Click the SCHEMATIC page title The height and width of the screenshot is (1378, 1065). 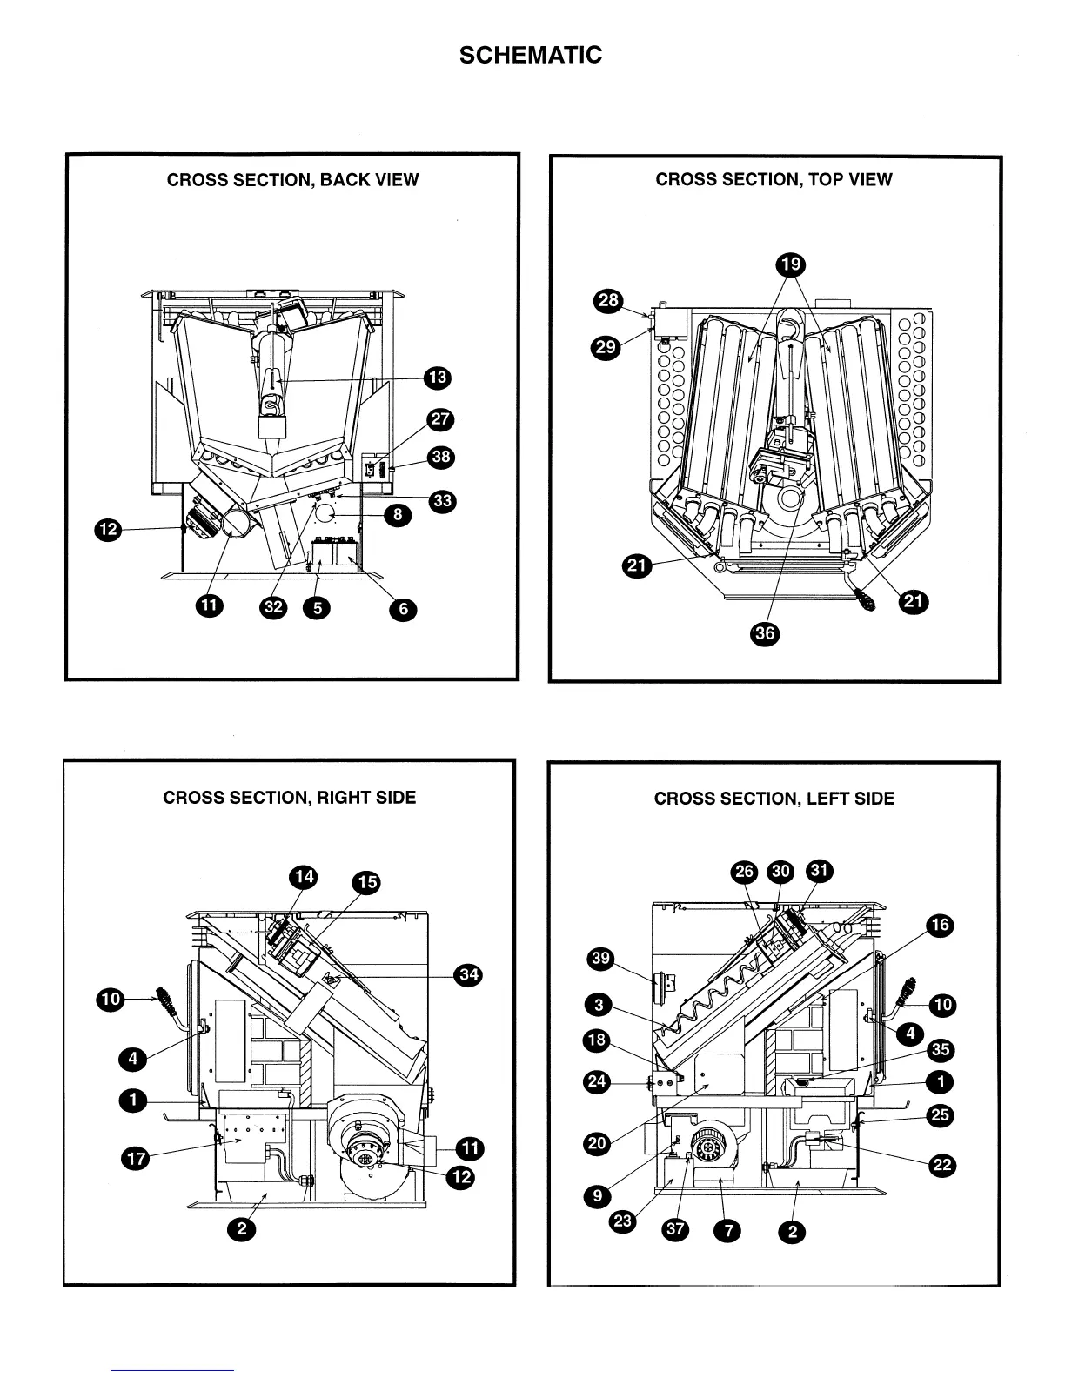point(531,55)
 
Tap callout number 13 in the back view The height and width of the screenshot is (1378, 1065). point(437,378)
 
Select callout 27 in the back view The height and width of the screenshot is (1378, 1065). point(441,419)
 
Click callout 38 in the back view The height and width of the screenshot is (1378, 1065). point(442,458)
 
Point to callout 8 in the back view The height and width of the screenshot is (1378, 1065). point(398,515)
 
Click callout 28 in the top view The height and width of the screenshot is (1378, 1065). point(607,302)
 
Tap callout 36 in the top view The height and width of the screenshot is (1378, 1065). point(765,633)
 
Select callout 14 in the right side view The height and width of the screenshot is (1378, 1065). point(304,877)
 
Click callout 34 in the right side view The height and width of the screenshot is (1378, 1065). point(469,974)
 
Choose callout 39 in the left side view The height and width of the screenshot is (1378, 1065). point(601,960)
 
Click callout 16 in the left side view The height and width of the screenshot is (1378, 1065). point(941,925)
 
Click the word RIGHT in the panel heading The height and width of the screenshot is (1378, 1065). point(344,798)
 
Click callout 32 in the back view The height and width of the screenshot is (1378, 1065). point(274,606)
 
